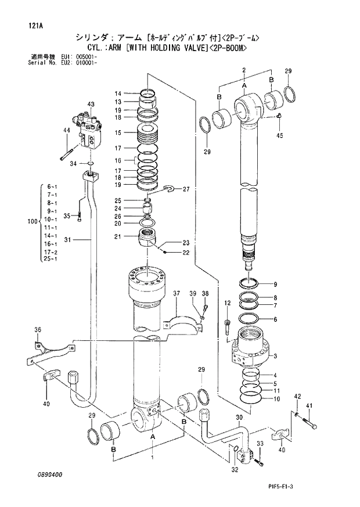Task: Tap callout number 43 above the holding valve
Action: (x=91, y=104)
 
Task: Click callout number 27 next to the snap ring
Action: (x=186, y=189)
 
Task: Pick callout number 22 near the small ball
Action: (x=186, y=253)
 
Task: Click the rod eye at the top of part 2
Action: (x=247, y=106)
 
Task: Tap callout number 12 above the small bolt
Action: (x=227, y=303)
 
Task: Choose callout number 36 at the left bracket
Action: (x=38, y=330)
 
